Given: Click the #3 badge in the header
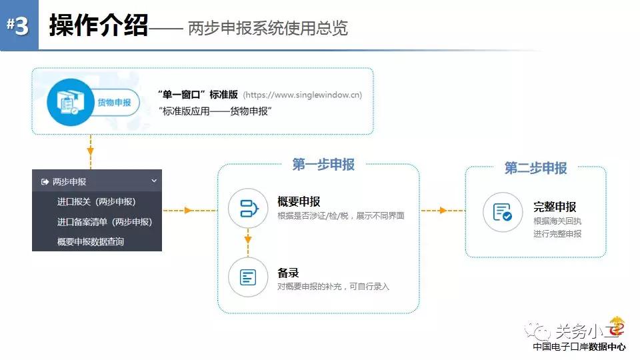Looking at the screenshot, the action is (x=19, y=25).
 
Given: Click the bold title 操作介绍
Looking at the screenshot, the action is (x=99, y=25).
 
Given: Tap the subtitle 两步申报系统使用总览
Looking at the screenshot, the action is (x=268, y=28).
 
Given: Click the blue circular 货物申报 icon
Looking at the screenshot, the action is (x=71, y=102).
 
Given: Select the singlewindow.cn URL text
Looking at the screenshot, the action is (x=303, y=95).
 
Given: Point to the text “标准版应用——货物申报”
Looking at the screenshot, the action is (x=215, y=111).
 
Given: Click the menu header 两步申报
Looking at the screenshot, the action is (x=69, y=181).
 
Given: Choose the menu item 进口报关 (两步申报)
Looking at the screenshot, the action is (x=96, y=201).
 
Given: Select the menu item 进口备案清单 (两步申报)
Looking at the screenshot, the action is (x=105, y=221).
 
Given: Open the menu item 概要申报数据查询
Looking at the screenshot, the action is (x=91, y=241).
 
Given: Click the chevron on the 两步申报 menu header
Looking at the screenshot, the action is (x=154, y=181).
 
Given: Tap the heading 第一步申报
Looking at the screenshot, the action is (x=323, y=165).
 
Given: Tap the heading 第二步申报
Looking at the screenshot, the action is (x=535, y=168).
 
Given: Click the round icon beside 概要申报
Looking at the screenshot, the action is (x=248, y=208).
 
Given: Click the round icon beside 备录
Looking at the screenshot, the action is (x=248, y=277).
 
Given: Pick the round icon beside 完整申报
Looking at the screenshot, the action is (x=503, y=212).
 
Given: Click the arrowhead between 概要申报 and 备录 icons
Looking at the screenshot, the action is (x=248, y=239).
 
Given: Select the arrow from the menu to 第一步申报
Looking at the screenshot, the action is (x=190, y=211).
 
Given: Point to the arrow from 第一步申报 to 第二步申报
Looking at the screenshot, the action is (x=443, y=211).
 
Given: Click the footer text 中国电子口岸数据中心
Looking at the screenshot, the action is (x=579, y=347).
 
